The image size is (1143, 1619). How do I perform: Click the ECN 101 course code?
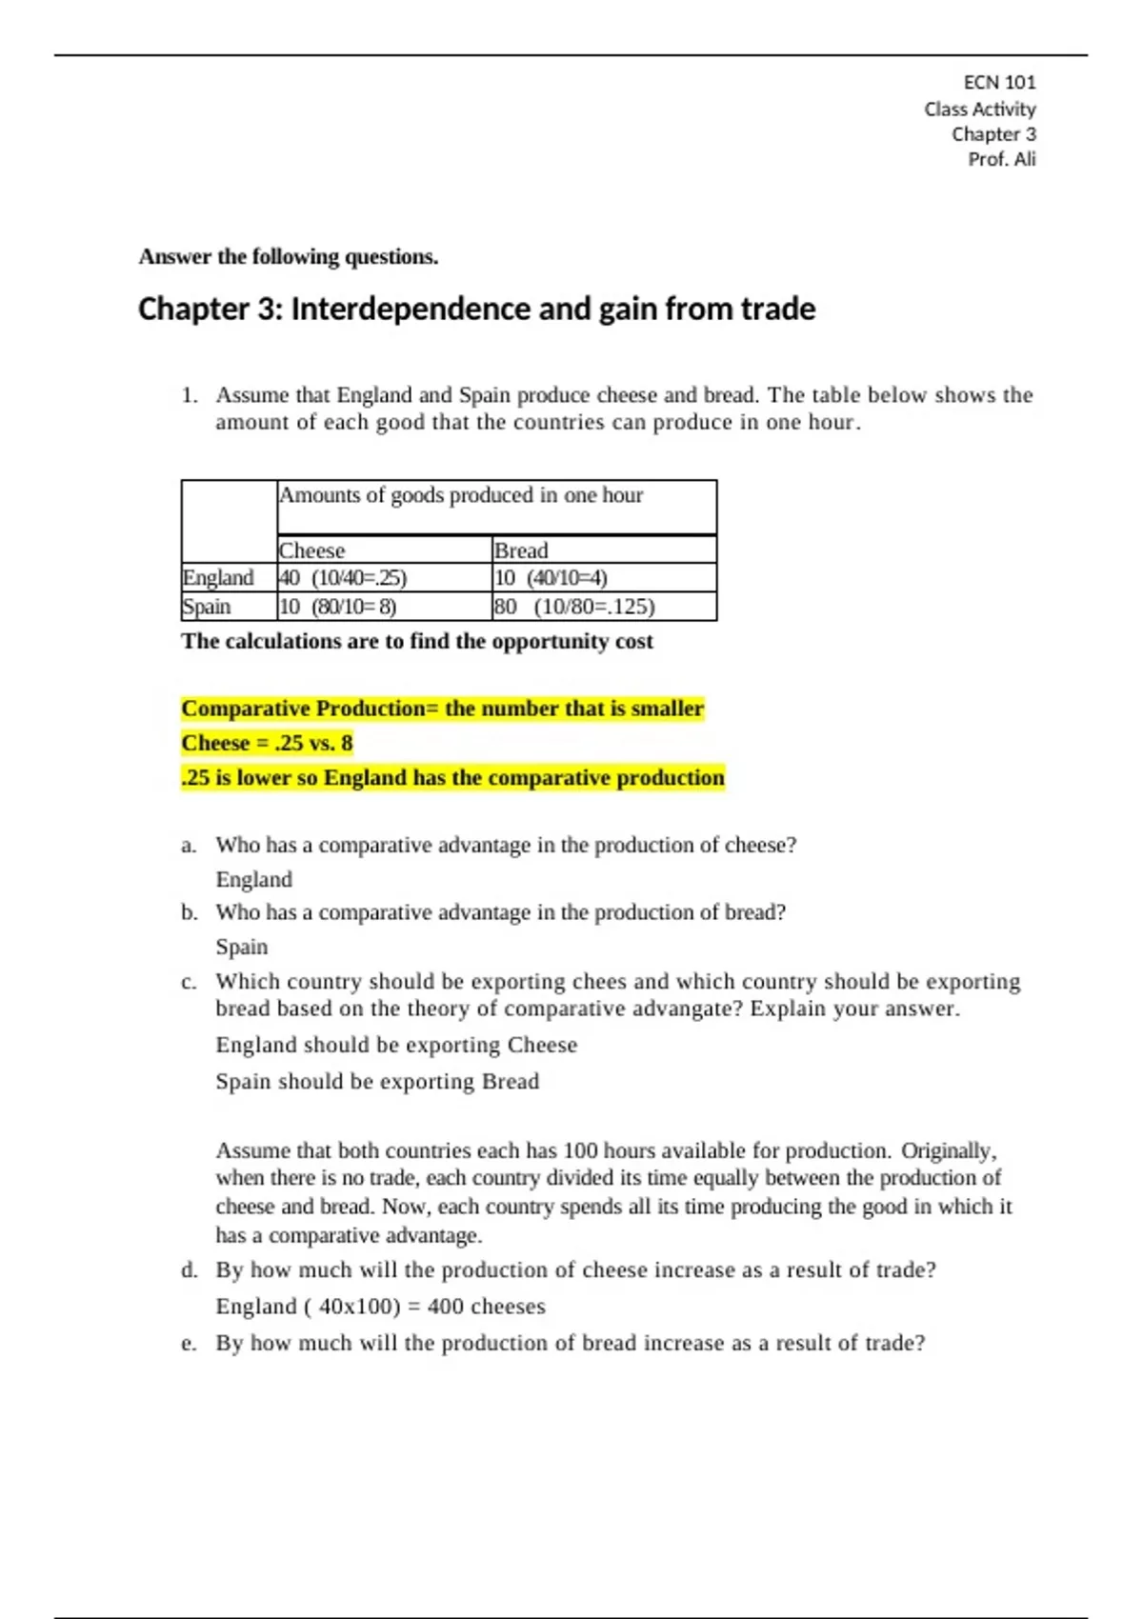(999, 83)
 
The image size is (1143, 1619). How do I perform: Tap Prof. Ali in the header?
(1001, 160)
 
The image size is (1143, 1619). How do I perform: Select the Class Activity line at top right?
(979, 110)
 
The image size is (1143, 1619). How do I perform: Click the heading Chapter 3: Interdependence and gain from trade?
(476, 310)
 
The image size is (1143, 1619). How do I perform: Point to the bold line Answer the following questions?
(288, 257)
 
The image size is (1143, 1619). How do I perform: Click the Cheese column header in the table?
(312, 550)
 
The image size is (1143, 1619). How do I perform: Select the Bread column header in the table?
(521, 550)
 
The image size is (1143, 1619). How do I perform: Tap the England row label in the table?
(218, 578)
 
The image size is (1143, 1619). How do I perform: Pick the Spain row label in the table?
(207, 607)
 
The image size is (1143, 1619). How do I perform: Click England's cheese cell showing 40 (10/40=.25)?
(343, 578)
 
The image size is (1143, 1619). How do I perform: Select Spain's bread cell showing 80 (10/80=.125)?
(574, 607)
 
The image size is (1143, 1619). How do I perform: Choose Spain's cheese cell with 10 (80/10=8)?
(337, 607)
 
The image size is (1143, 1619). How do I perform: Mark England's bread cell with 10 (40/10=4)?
(551, 578)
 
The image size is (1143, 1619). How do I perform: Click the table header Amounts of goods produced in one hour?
(461, 495)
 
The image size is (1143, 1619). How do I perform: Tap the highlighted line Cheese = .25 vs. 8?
(267, 743)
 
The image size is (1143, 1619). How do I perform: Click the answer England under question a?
(253, 880)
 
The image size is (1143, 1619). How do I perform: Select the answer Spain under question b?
(242, 948)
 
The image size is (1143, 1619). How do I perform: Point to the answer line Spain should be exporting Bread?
(377, 1082)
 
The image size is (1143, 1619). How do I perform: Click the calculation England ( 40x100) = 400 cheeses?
(380, 1307)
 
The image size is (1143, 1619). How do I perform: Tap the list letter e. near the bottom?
(189, 1344)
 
